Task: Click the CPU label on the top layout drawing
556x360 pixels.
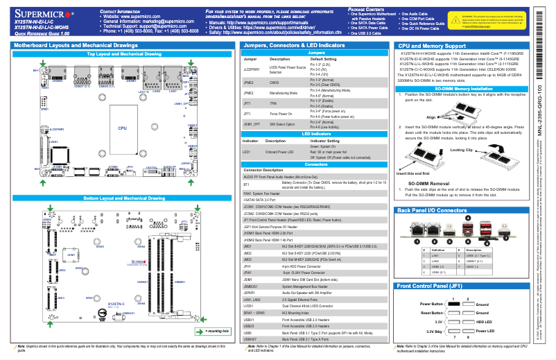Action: tap(122, 128)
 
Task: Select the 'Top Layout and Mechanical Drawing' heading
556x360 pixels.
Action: tap(124, 53)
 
